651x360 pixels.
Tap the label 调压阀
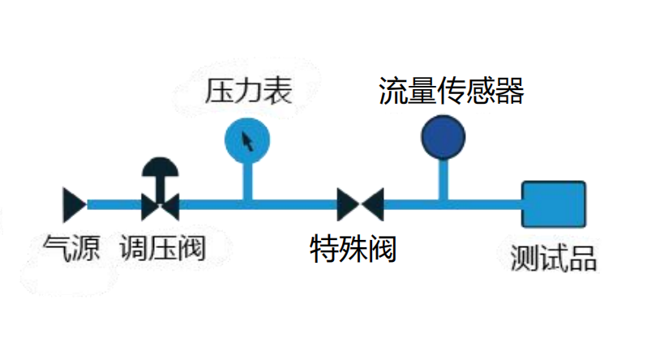[x=162, y=247]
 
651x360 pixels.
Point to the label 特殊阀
[x=353, y=249]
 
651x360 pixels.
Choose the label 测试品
[x=554, y=259]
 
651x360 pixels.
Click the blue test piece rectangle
[x=553, y=205]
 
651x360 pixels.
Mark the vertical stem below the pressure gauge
[x=247, y=179]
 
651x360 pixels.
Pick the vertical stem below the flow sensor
[x=443, y=178]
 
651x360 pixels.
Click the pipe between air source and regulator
[x=113, y=204]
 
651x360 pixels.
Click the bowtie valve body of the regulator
[x=161, y=206]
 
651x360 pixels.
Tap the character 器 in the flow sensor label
[x=510, y=91]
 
